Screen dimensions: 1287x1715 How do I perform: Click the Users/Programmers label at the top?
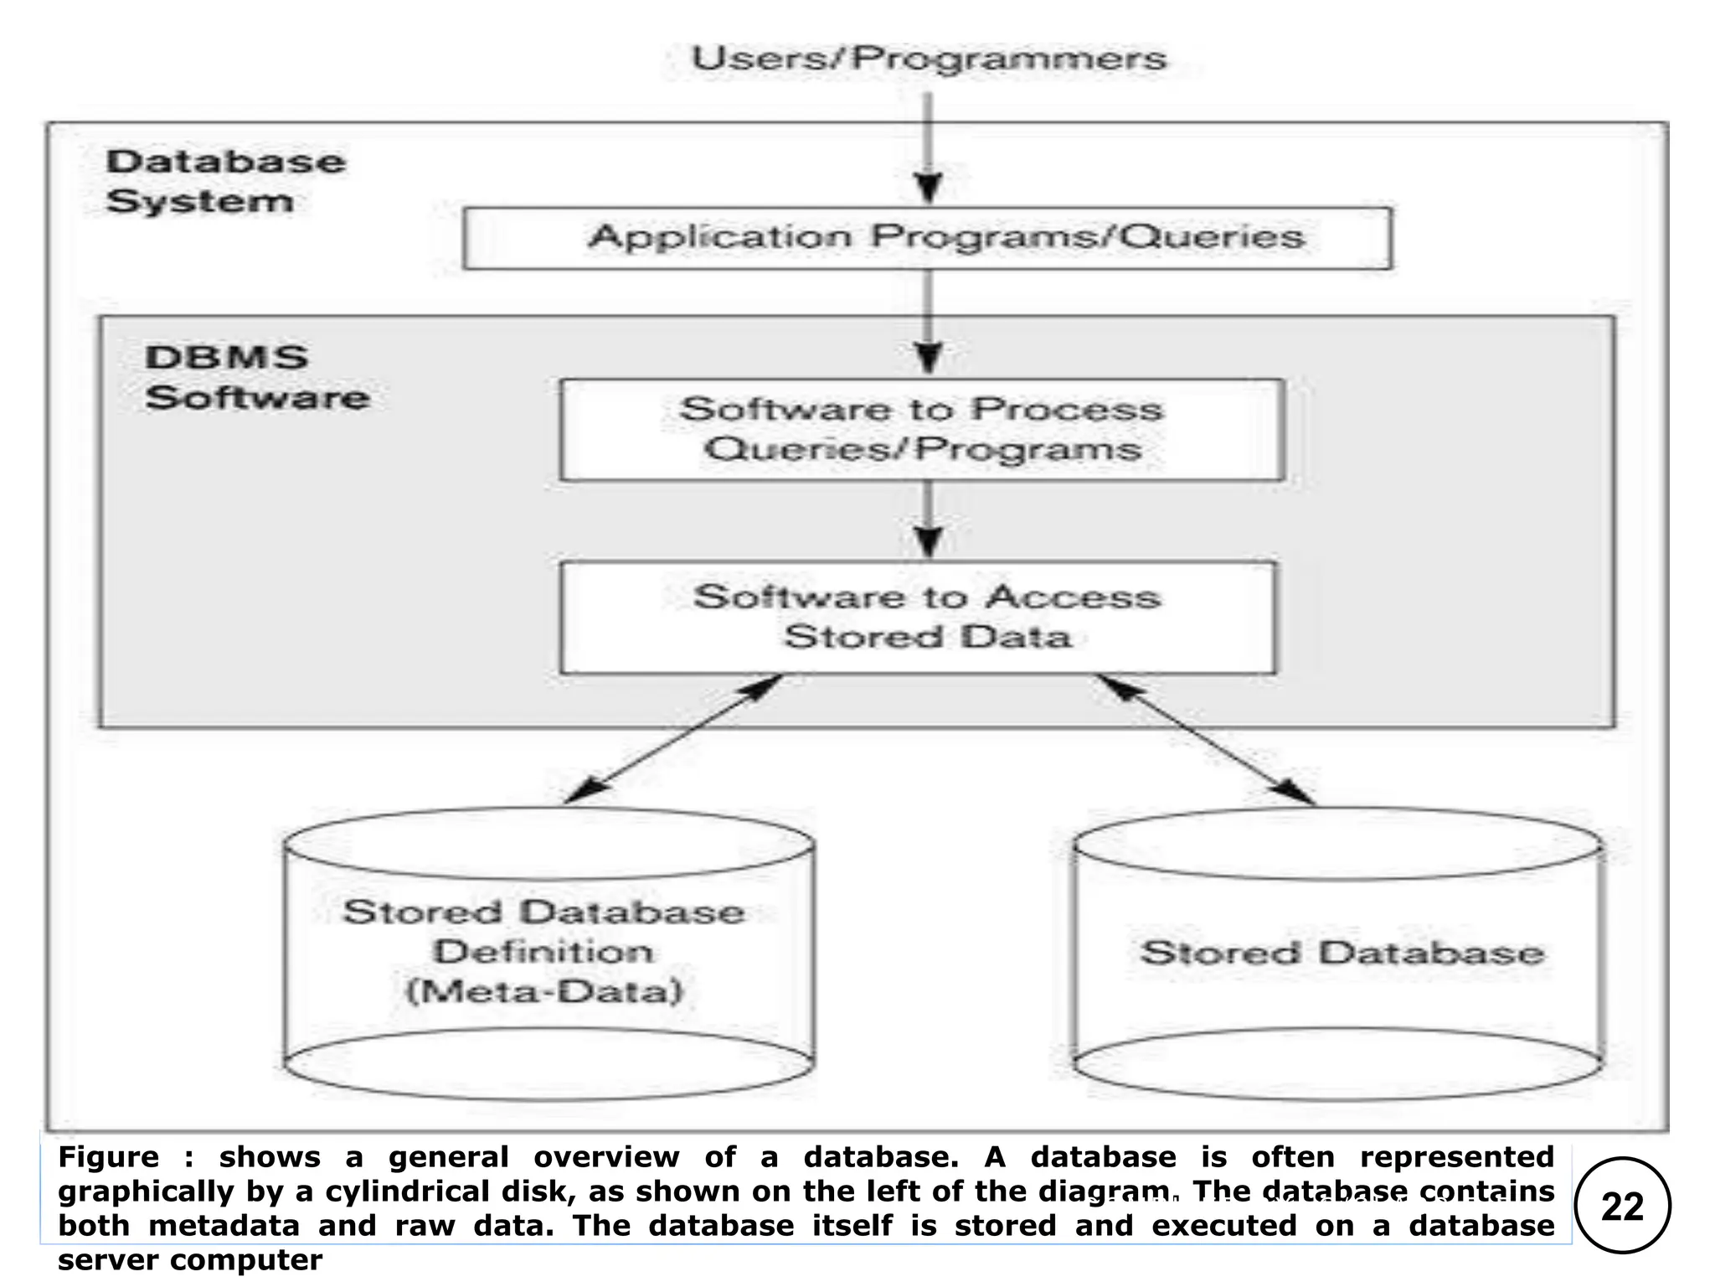pyautogui.click(x=928, y=58)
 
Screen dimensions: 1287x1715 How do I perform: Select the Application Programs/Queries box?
pyautogui.click(x=927, y=238)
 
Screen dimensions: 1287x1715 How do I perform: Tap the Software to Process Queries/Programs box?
pyautogui.click(x=921, y=429)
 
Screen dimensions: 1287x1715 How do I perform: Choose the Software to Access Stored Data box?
pyautogui.click(x=919, y=617)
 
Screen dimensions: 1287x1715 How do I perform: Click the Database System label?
pyautogui.click(x=224, y=181)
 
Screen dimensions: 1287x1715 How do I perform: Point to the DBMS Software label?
pyautogui.click(x=256, y=377)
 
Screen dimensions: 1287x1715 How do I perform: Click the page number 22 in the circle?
pyautogui.click(x=1622, y=1207)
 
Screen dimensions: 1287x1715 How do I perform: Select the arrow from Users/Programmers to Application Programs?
pyautogui.click(x=928, y=147)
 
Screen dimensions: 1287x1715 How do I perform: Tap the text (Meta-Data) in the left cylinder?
pyautogui.click(x=545, y=992)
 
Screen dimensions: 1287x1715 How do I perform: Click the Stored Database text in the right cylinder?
pyautogui.click(x=1342, y=954)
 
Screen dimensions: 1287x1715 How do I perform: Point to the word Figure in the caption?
pyautogui.click(x=108, y=1157)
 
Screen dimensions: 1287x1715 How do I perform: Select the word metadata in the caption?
pyautogui.click(x=224, y=1226)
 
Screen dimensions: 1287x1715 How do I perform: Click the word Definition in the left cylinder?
pyautogui.click(x=543, y=952)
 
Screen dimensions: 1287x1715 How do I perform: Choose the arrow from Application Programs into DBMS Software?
pyautogui.click(x=928, y=323)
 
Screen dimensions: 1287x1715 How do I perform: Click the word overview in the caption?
pyautogui.click(x=606, y=1157)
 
